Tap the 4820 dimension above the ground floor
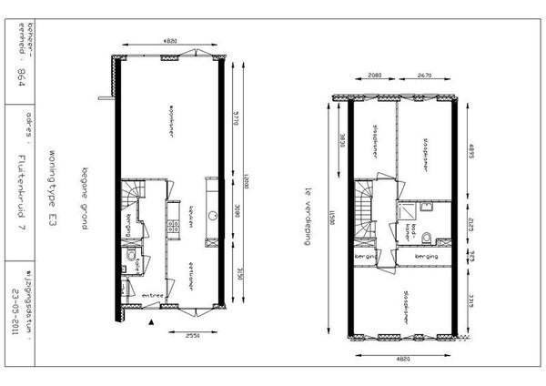pyautogui.click(x=169, y=41)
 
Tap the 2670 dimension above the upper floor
pyautogui.click(x=424, y=76)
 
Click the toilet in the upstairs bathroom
pyautogui.click(x=443, y=240)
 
